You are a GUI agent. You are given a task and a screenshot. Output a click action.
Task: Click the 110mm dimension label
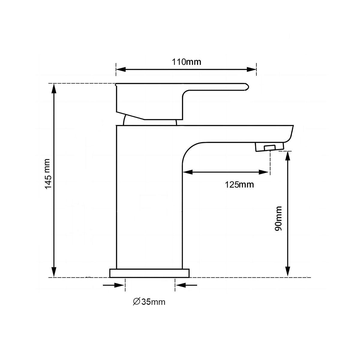pyautogui.click(x=186, y=62)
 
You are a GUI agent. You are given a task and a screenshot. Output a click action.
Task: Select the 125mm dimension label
pyautogui.click(x=239, y=184)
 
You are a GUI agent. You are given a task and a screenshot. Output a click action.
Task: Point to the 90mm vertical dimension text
pyautogui.click(x=278, y=218)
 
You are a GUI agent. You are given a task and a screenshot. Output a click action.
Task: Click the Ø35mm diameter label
pyautogui.click(x=149, y=301)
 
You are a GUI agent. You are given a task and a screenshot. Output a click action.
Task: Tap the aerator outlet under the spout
pyautogui.click(x=269, y=147)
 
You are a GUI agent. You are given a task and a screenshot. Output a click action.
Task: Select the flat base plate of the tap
pyautogui.click(x=149, y=273)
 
